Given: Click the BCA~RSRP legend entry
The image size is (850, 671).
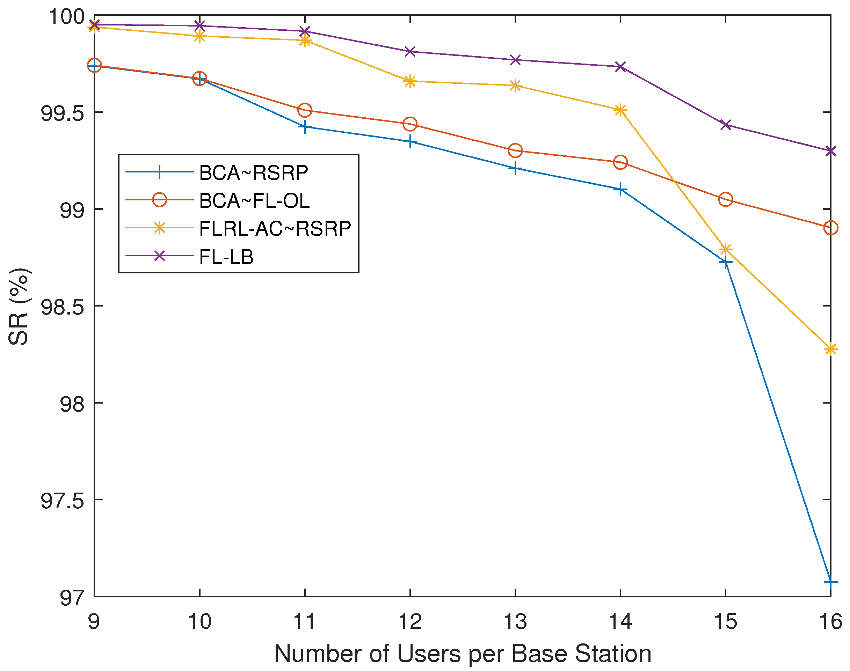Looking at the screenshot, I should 254,173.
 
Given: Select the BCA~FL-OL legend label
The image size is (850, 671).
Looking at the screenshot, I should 254,201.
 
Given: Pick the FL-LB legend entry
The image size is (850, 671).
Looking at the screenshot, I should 226,257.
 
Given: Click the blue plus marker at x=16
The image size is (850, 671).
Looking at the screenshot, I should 830,582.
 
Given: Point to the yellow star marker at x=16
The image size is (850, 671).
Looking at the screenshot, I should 830,349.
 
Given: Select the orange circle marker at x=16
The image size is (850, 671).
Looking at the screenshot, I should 830,228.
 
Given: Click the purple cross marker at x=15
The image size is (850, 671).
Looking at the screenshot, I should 725,125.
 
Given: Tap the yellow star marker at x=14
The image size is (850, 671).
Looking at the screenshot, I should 620,110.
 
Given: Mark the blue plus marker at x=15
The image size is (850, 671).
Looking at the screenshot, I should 725,262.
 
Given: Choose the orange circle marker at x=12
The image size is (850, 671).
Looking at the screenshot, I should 410,124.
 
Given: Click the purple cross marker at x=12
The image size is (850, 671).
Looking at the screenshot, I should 410,51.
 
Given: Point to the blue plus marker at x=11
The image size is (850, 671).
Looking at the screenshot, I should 305,127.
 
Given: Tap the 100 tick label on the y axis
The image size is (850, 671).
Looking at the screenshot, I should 66,17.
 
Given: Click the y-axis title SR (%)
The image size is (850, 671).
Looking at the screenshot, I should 19,307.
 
